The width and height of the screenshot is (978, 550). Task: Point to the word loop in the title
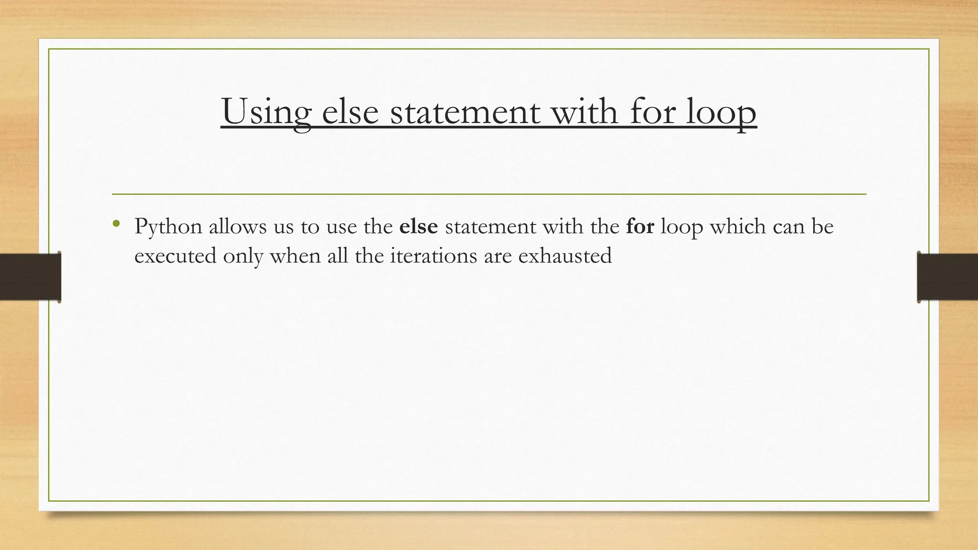(x=721, y=112)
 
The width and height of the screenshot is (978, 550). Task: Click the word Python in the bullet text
(x=168, y=227)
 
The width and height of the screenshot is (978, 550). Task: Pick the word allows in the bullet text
(x=237, y=226)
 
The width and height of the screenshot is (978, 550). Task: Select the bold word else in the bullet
(x=418, y=226)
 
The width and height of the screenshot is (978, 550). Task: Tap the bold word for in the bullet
(x=640, y=226)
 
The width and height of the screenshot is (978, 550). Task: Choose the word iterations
(x=433, y=256)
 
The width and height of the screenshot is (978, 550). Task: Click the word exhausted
(x=565, y=256)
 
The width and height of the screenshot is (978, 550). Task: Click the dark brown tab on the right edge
(x=947, y=277)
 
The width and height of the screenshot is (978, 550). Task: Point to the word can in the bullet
(x=788, y=227)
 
